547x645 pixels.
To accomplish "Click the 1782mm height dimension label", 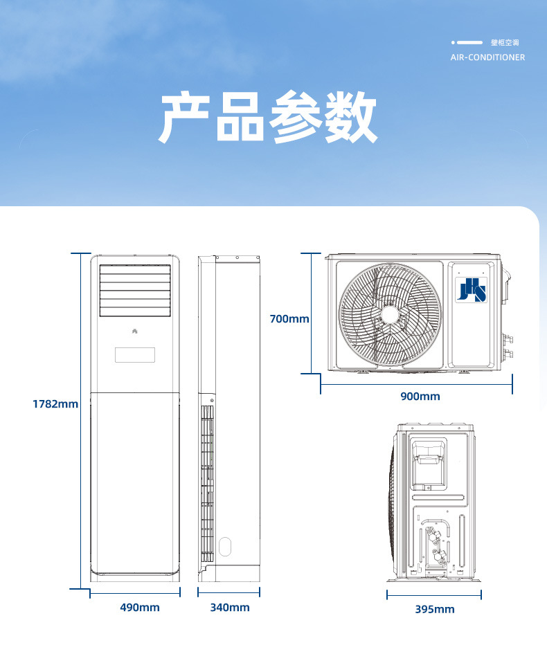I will coord(55,403).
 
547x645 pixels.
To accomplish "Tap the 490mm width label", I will coord(139,608).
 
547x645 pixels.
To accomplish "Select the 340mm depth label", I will coord(230,608).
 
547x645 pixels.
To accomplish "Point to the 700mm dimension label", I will coord(289,319).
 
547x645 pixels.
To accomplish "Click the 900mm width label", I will coord(420,397).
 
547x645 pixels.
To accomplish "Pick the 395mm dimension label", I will coord(435,609).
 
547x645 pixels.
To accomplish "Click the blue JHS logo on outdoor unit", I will coord(471,289).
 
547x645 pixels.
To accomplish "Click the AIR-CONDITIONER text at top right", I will coord(487,57).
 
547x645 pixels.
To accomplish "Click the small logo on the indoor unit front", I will coord(134,331).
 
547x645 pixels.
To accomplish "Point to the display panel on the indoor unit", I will coord(134,355).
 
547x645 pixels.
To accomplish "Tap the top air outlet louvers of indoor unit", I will coord(134,290).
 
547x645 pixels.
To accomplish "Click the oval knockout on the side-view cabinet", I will coord(224,546).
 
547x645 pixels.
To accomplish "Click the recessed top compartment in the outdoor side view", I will coord(429,460).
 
